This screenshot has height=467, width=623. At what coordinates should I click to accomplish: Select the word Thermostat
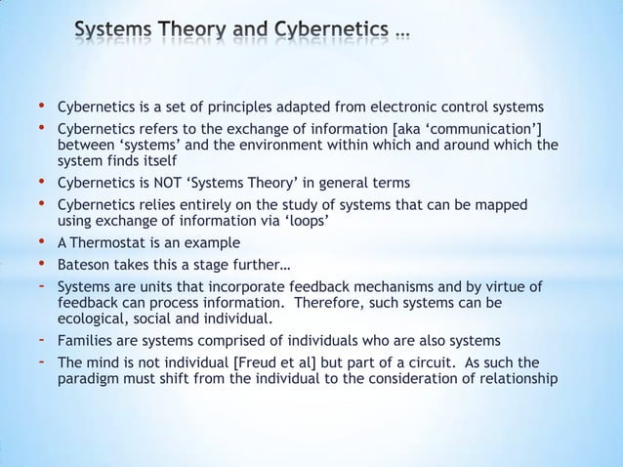[106, 242]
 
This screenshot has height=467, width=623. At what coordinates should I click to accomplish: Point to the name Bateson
[83, 265]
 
